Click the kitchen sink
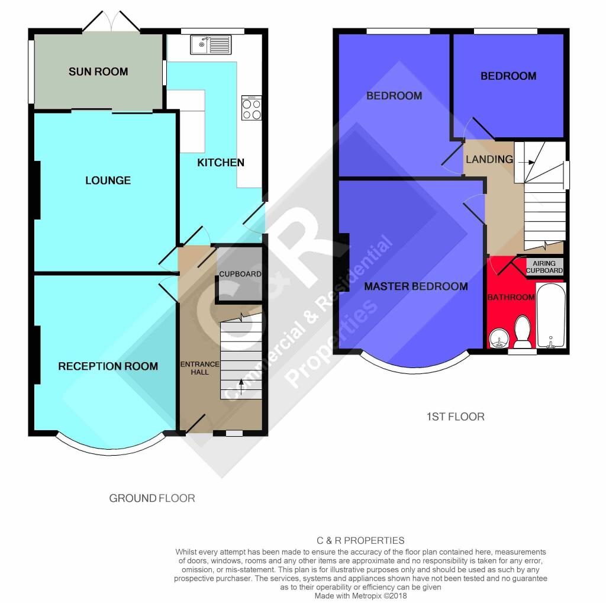click(211, 44)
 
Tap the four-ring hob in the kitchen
click(252, 108)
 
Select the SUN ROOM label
click(98, 72)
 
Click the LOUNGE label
click(108, 180)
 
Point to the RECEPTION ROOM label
click(108, 366)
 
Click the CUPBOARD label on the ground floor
click(240, 274)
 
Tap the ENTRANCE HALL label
click(200, 368)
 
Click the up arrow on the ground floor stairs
click(241, 387)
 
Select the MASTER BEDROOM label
click(416, 286)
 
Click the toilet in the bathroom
click(522, 332)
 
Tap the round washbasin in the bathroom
click(499, 340)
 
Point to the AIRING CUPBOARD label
click(544, 267)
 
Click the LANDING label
click(489, 159)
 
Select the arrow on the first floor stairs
click(526, 162)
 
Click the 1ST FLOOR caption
click(455, 417)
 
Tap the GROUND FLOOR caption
click(152, 498)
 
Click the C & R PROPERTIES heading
click(360, 540)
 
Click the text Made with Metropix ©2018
click(360, 596)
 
